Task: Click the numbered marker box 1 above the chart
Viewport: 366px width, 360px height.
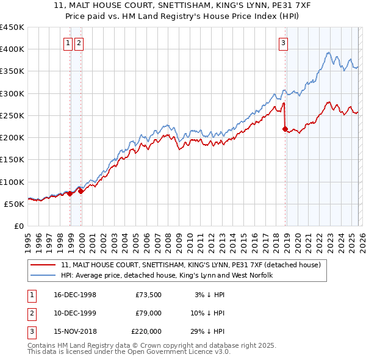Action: click(x=70, y=43)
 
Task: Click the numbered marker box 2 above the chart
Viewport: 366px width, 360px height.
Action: click(x=80, y=43)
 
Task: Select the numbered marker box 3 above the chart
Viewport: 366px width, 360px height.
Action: click(x=284, y=43)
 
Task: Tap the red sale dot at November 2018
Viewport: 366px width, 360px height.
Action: click(x=285, y=129)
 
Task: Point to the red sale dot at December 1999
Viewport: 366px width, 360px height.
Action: click(x=81, y=191)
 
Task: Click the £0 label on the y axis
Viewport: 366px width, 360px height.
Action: click(x=18, y=226)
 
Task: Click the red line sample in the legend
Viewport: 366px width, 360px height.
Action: click(x=43, y=265)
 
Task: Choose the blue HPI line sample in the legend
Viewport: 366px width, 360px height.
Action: click(x=43, y=276)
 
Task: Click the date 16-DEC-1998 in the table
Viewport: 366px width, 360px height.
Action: click(x=74, y=295)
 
